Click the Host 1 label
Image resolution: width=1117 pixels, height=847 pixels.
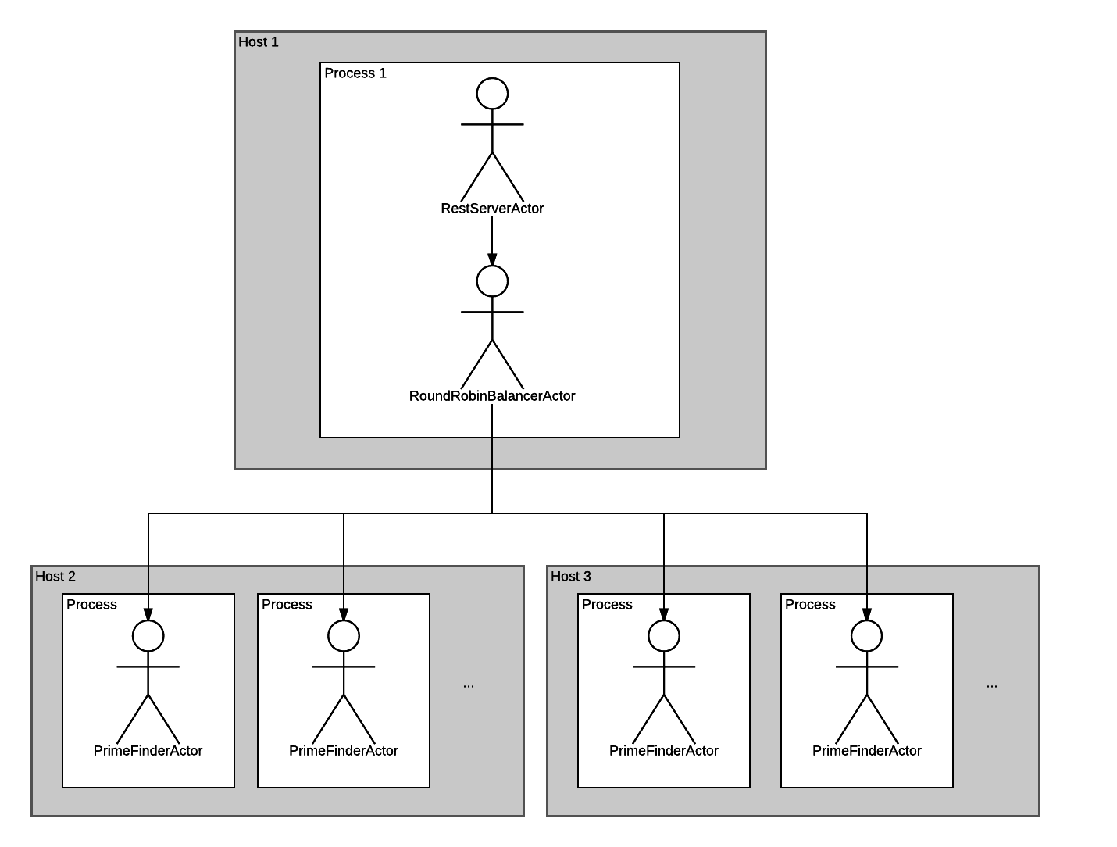[258, 41]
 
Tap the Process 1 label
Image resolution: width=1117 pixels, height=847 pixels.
[355, 73]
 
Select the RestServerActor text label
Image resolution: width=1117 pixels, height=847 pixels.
[491, 208]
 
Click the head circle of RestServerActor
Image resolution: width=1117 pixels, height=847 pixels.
[491, 94]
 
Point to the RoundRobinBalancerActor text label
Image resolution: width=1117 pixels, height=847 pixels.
[491, 395]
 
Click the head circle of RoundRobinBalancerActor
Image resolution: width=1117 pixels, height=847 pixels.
[491, 281]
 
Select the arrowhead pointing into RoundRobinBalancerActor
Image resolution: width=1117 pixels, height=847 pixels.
[491, 259]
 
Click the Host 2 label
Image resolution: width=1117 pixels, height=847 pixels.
[55, 576]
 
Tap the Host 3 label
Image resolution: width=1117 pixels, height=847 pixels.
[570, 576]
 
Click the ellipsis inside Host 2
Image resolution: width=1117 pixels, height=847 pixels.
[468, 686]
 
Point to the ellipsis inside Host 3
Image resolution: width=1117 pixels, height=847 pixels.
[991, 686]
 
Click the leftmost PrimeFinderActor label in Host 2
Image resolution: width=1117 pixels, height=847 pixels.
[148, 750]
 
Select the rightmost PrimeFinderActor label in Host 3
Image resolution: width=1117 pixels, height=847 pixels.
[866, 750]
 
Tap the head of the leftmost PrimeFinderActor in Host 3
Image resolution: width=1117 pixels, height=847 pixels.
[664, 636]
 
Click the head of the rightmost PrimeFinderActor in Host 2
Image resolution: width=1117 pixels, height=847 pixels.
[344, 636]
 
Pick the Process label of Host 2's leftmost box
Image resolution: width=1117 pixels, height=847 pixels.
[91, 604]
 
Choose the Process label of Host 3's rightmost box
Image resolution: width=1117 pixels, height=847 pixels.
[810, 604]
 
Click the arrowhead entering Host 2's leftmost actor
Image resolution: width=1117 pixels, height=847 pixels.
[148, 614]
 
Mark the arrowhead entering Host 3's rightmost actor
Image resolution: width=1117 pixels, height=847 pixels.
[866, 614]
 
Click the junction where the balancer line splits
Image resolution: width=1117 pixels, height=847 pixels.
[491, 513]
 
